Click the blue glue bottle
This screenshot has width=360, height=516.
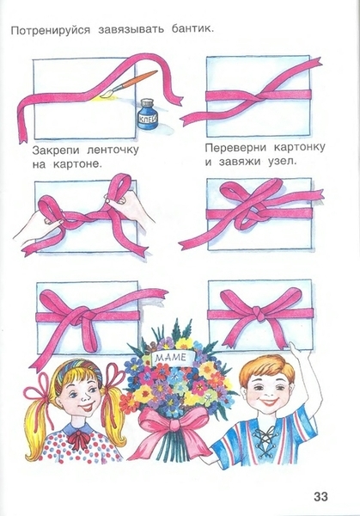[x=148, y=116]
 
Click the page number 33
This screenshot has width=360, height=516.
[x=320, y=496]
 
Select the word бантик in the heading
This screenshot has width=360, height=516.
[x=192, y=29]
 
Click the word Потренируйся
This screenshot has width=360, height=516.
[x=51, y=30]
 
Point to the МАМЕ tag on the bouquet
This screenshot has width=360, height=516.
[x=171, y=358]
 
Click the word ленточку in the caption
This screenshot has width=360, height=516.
[x=113, y=150]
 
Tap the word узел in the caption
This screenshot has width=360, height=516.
[x=281, y=162]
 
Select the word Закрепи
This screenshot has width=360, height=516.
[x=56, y=150]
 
